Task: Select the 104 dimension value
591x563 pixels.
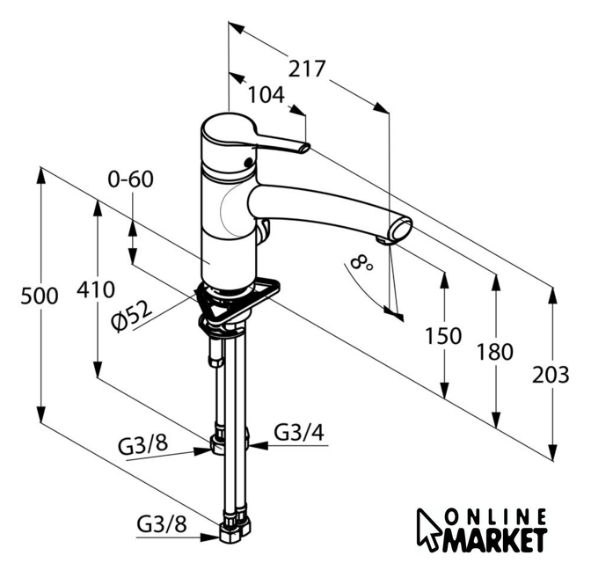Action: (266, 94)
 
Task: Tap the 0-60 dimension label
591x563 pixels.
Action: (130, 179)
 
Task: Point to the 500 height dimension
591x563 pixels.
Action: (39, 296)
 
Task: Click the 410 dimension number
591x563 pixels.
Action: (95, 289)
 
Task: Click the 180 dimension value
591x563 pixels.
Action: (494, 352)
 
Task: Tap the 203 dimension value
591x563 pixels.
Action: (551, 375)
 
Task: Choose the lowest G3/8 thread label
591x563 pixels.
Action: (162, 524)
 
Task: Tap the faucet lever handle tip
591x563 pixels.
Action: (303, 147)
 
